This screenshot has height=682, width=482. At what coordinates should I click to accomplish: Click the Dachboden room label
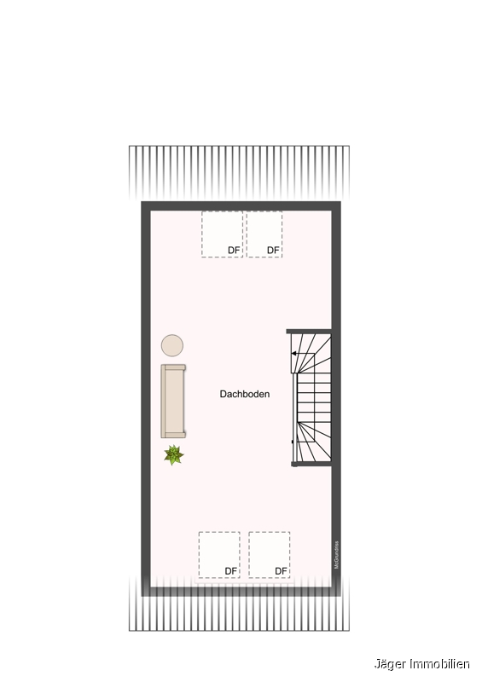click(244, 394)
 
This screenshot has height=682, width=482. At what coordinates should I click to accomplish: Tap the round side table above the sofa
click(172, 345)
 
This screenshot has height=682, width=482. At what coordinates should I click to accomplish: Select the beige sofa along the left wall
click(174, 401)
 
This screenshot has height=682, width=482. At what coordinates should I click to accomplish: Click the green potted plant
click(174, 454)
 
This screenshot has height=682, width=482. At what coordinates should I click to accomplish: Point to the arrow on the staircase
click(295, 353)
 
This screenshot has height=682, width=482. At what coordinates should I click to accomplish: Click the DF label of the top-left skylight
click(233, 250)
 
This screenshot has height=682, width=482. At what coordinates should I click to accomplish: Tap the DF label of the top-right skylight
click(273, 250)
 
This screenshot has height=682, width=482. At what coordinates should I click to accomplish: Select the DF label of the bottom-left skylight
click(231, 570)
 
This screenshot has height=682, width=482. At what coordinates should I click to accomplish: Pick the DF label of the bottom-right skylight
click(281, 570)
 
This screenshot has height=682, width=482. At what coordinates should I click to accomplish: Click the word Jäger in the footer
click(391, 663)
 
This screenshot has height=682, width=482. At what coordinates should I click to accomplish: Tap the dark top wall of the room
click(241, 205)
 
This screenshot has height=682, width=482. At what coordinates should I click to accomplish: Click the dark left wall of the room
click(146, 396)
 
